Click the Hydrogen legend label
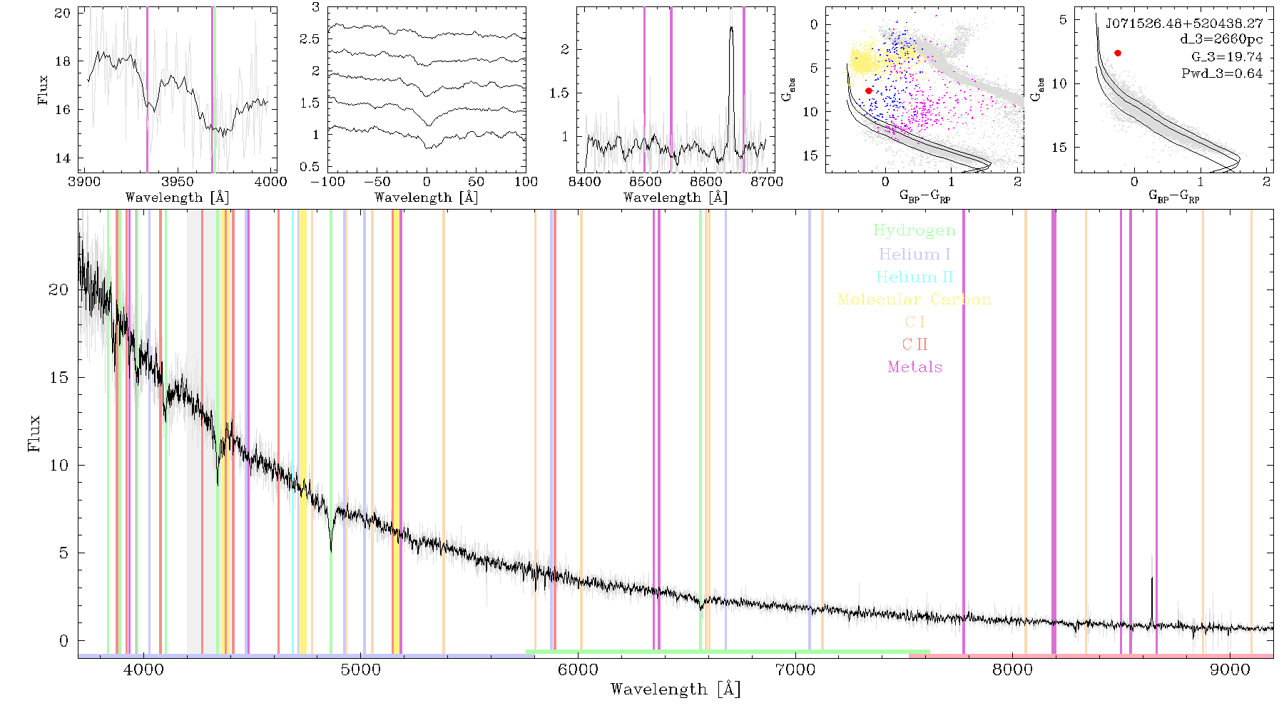click(914, 231)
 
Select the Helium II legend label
click(914, 277)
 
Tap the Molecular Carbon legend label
click(914, 299)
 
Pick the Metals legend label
click(915, 367)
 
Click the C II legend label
click(915, 344)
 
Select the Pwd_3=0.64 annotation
click(1222, 73)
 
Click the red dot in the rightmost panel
click(1118, 53)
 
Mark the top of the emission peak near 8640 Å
click(731, 28)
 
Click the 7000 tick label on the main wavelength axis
click(795, 670)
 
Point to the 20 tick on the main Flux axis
click(58, 289)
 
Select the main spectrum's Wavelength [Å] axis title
click(676, 689)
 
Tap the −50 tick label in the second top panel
click(376, 182)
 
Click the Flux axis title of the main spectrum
click(34, 433)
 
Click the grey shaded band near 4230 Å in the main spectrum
click(193, 432)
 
